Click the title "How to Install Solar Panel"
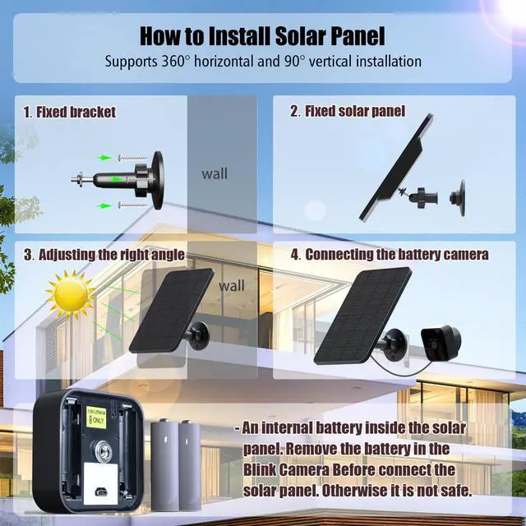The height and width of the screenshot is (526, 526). coord(262,36)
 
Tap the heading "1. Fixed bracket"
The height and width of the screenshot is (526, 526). coord(69,112)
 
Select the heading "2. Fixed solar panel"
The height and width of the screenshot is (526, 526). coord(347,111)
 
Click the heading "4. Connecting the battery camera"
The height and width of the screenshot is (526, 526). coord(389,255)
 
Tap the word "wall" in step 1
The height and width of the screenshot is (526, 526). coord(215,173)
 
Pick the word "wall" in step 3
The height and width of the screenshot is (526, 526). coord(231,287)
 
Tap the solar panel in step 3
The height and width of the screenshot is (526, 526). coord(169,311)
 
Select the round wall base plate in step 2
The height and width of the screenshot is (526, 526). coord(457,198)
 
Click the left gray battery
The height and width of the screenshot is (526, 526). coord(165,464)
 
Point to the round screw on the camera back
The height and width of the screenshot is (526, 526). coord(103,450)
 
